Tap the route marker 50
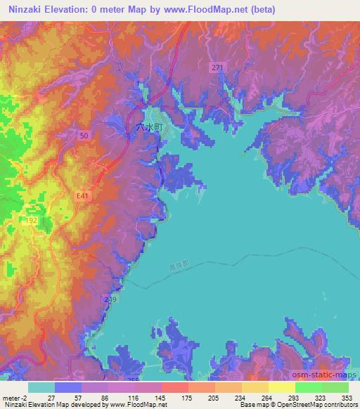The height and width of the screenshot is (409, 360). point(84,134)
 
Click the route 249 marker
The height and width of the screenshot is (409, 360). point(110,299)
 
